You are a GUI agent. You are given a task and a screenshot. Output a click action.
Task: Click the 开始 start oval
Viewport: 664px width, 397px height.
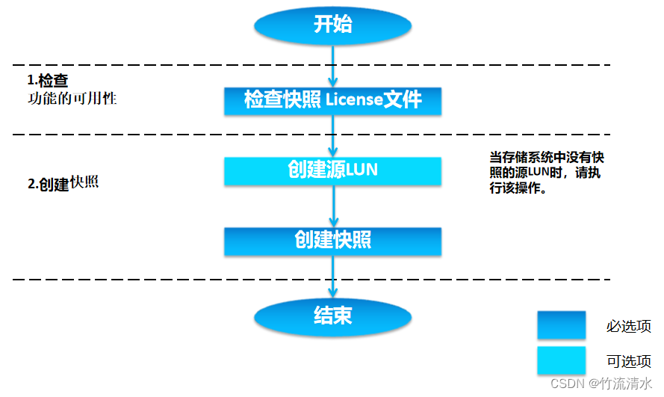332,25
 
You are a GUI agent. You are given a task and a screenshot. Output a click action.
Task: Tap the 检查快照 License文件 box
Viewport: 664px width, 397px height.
332,100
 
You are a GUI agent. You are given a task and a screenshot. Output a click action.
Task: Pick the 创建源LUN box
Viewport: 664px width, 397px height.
332,170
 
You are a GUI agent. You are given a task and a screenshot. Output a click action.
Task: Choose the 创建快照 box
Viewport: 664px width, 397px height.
332,241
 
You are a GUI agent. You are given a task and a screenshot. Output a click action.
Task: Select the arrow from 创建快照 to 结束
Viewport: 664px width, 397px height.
333,277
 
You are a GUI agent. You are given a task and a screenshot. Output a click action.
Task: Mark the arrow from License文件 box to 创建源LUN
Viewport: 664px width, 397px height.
333,135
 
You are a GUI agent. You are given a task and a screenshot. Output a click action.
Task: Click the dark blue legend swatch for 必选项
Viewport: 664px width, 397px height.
561,326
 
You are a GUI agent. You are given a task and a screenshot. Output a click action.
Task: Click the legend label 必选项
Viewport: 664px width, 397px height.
628,327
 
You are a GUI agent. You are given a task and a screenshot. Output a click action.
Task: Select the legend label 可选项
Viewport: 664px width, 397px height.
628,362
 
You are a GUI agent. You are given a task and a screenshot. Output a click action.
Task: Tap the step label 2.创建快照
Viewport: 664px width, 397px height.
63,183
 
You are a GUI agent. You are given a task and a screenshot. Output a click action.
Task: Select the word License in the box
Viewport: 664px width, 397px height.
353,100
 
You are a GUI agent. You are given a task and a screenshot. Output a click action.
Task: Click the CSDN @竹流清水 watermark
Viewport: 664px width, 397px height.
601,383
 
